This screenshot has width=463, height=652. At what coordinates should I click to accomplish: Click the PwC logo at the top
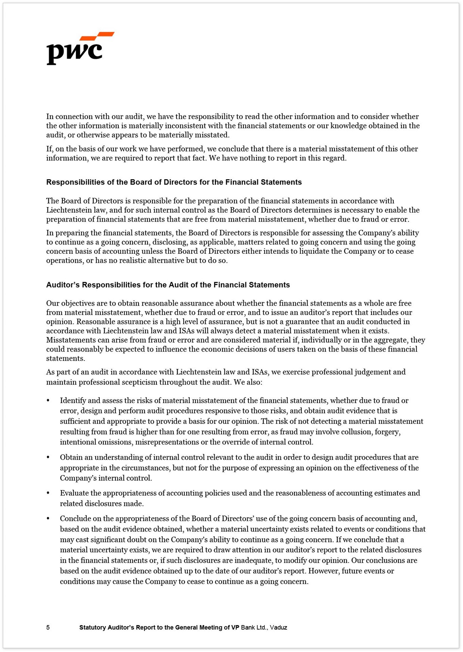[x=80, y=49]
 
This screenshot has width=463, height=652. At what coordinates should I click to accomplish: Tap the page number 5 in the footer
[x=48, y=627]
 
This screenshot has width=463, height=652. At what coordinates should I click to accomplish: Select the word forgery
[x=388, y=432]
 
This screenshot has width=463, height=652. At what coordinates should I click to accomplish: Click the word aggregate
[x=393, y=340]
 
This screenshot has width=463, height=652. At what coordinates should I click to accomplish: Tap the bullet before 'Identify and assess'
[x=48, y=401]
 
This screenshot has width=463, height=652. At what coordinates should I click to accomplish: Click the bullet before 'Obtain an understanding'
[x=48, y=458]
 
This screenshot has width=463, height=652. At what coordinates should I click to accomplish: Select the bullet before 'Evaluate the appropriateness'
[x=48, y=493]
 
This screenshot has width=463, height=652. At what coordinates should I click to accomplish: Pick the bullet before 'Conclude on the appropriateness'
[x=48, y=519]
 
